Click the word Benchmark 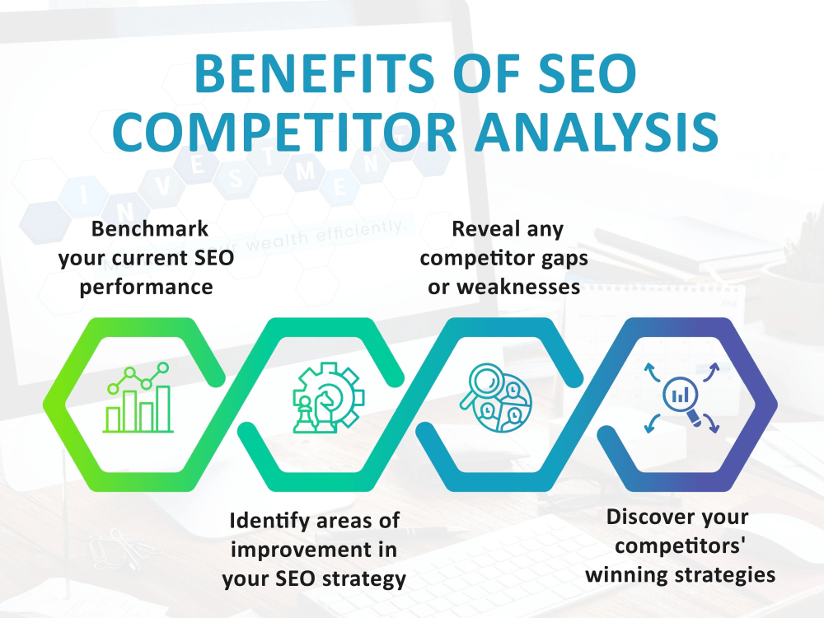point(138,228)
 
